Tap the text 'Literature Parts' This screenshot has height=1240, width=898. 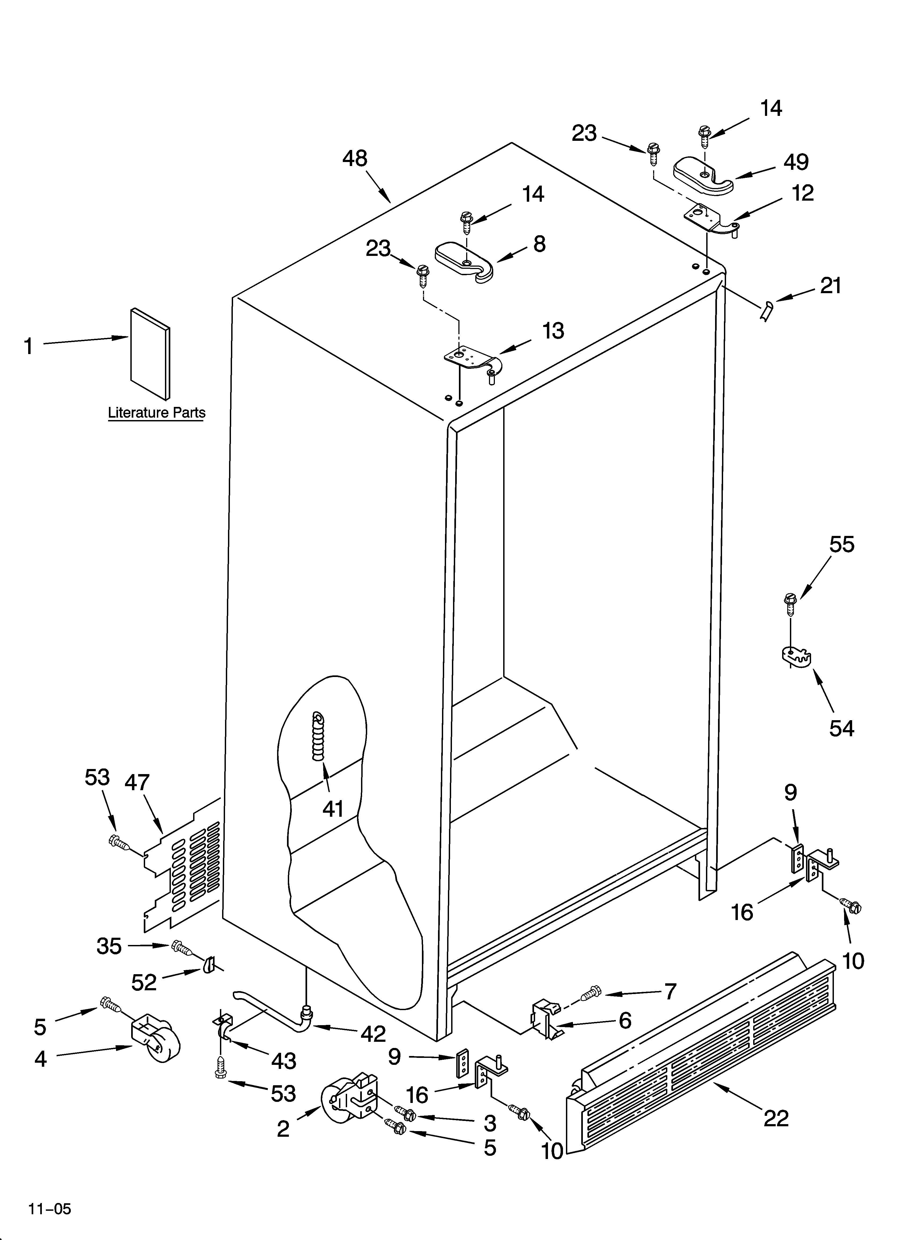click(x=156, y=413)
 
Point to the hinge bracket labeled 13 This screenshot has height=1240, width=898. click(x=469, y=358)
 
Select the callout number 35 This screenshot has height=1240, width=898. click(x=109, y=946)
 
